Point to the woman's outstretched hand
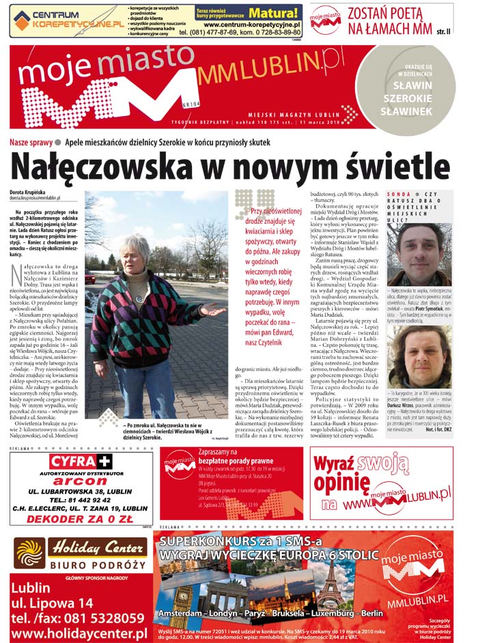(x=213, y=311)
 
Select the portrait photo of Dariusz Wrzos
(x=419, y=356)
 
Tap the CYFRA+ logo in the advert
(x=81, y=461)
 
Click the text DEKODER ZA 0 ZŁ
(x=81, y=518)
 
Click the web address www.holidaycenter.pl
(x=80, y=633)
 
